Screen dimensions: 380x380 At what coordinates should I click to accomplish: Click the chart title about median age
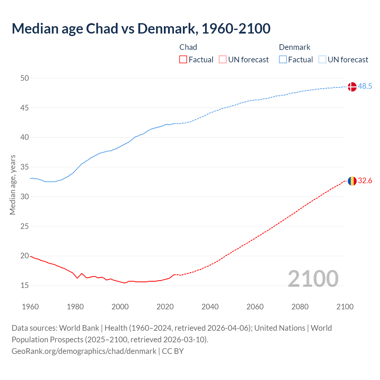(x=141, y=28)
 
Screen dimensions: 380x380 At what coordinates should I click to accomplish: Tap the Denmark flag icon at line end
(x=352, y=87)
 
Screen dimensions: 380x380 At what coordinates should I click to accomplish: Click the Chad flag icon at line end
(x=352, y=181)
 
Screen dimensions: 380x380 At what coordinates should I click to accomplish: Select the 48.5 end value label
(x=365, y=86)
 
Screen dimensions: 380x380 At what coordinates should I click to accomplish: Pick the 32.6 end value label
(x=365, y=181)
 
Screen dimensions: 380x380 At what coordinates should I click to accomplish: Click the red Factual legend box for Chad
(x=183, y=60)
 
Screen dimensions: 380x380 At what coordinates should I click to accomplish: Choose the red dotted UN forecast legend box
(x=223, y=60)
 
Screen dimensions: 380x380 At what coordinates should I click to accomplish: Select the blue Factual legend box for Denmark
(x=283, y=60)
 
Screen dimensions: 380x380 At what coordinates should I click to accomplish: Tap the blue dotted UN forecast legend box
(x=322, y=60)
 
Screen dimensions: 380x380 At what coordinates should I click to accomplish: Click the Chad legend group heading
(x=188, y=47)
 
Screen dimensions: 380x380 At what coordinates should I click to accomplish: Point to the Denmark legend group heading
(x=294, y=47)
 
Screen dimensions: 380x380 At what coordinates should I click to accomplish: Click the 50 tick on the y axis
(x=25, y=78)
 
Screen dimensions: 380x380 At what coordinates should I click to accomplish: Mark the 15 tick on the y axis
(x=25, y=286)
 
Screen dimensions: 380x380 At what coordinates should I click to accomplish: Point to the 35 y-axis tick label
(x=25, y=167)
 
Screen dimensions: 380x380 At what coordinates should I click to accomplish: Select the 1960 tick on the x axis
(x=30, y=307)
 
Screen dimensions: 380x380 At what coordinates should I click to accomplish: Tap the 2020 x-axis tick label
(x=165, y=307)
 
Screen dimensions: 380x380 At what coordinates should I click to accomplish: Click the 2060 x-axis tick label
(x=255, y=307)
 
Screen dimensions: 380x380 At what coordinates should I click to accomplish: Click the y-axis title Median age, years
(x=12, y=185)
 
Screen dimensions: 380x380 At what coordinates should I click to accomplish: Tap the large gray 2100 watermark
(x=313, y=278)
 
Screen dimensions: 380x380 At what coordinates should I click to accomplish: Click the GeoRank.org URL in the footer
(x=84, y=351)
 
